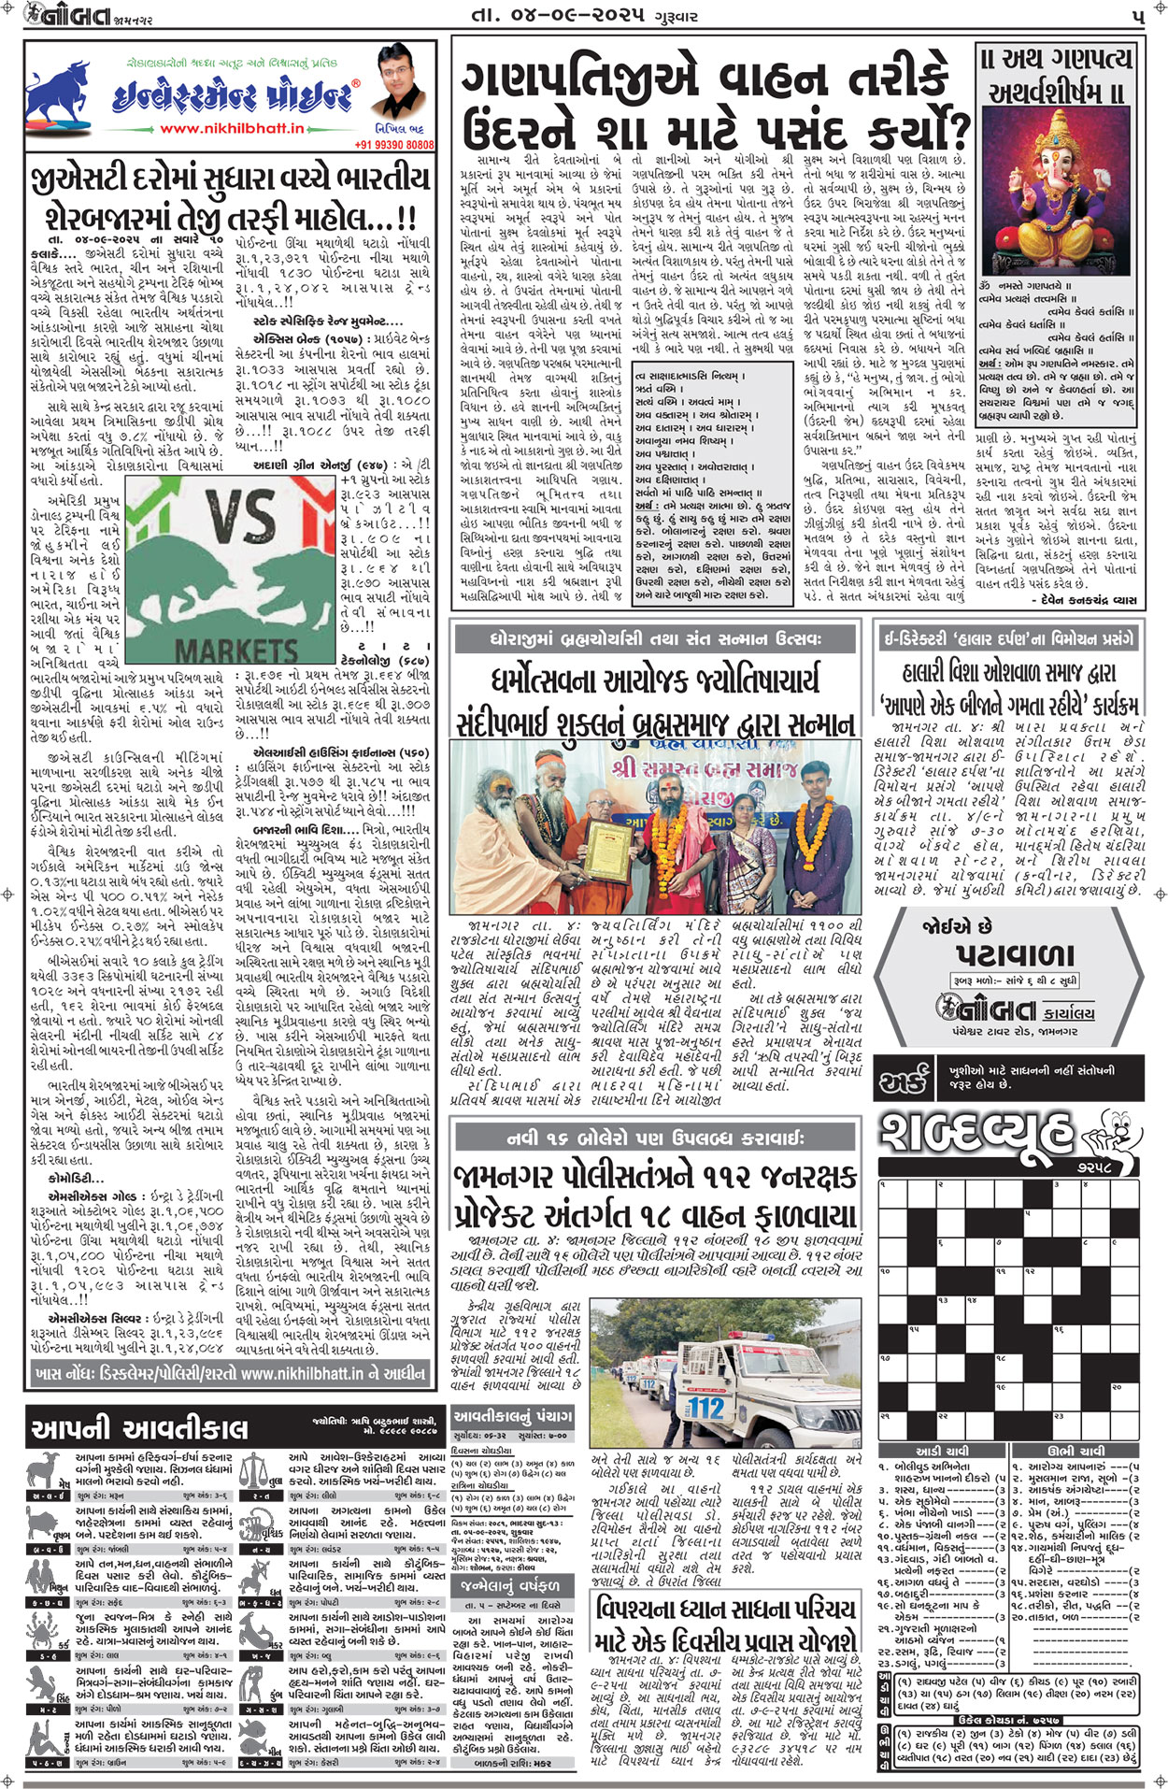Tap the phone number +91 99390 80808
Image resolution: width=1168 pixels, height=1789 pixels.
(394, 146)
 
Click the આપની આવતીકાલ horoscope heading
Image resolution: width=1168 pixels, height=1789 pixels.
(139, 1428)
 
